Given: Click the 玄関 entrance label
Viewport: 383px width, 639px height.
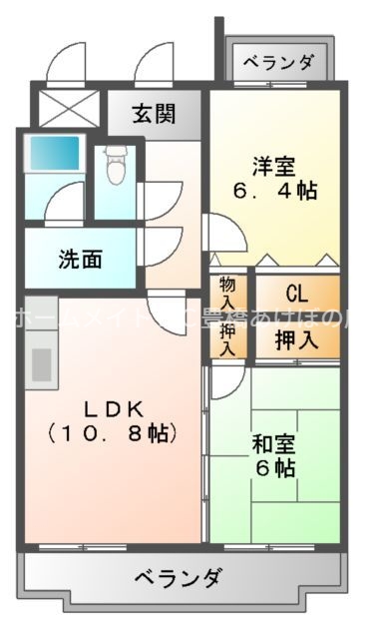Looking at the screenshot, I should [x=157, y=112].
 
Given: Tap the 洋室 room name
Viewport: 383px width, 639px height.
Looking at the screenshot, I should [x=272, y=165].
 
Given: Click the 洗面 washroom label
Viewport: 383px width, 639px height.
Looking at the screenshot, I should [x=80, y=261].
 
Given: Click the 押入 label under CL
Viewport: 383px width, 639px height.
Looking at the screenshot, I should [x=296, y=337].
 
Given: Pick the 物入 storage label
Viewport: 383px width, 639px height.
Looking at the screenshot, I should [x=228, y=292].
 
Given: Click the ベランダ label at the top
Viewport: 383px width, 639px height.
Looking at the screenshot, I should [x=278, y=62].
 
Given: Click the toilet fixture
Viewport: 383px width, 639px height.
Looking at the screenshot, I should [x=115, y=165].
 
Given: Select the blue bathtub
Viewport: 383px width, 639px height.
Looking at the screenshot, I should [x=53, y=153].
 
